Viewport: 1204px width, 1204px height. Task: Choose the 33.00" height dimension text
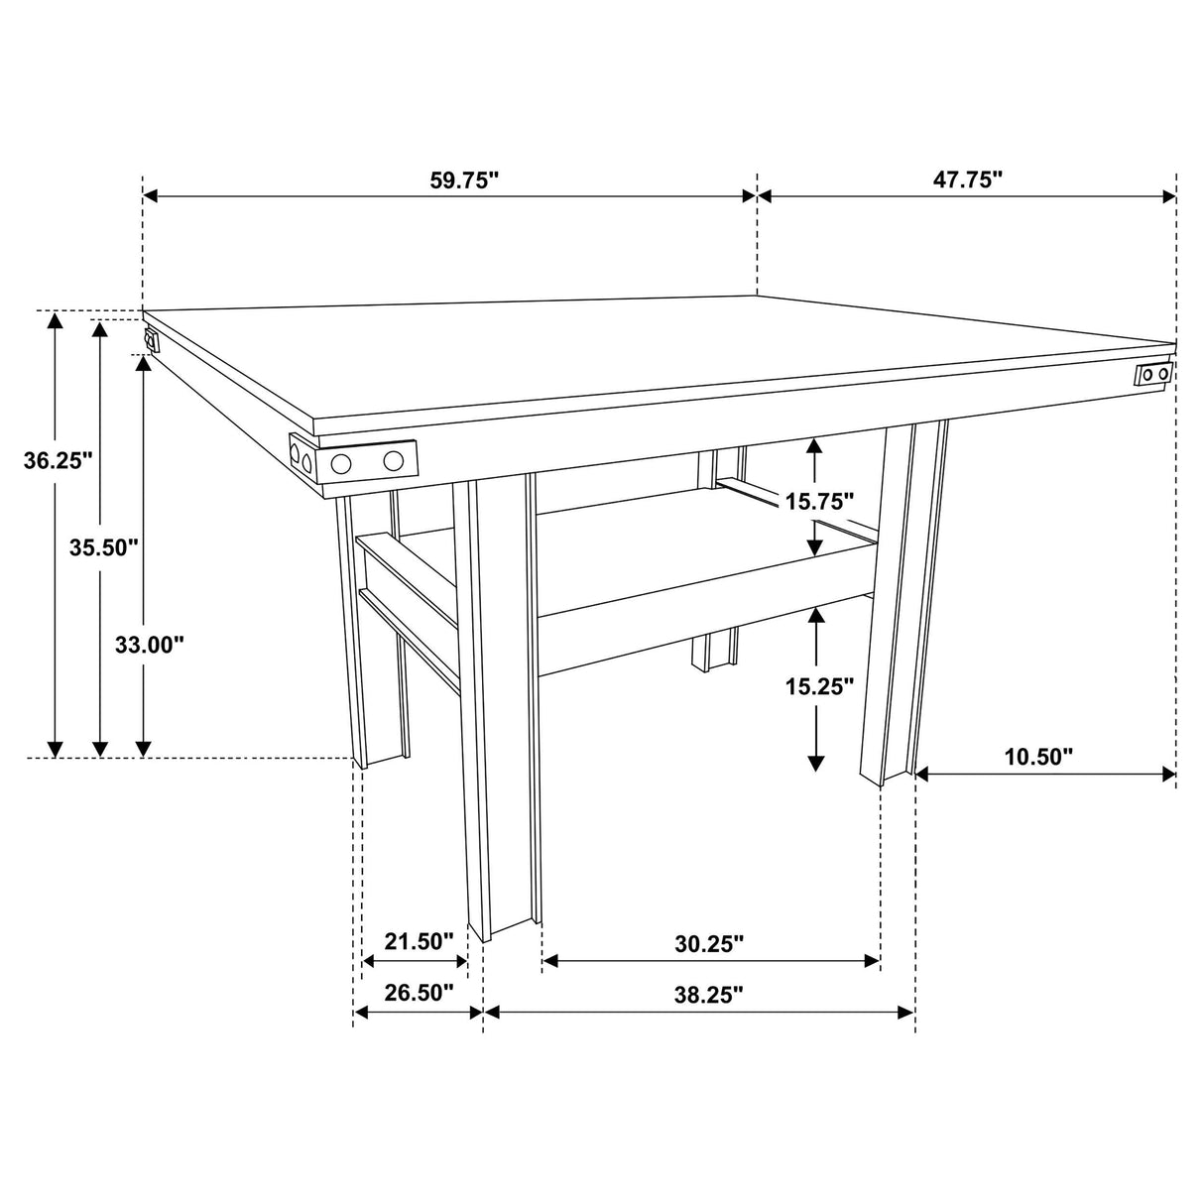[150, 645]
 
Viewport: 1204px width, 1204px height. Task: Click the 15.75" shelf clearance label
[820, 501]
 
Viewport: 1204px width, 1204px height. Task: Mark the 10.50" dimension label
[1039, 757]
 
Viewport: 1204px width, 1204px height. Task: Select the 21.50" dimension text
[420, 940]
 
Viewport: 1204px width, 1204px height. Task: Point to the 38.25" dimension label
[709, 995]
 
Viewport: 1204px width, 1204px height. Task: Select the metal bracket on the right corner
[1153, 374]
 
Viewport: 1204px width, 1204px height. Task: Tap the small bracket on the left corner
[151, 341]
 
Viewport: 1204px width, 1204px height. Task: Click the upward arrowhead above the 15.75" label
[815, 445]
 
